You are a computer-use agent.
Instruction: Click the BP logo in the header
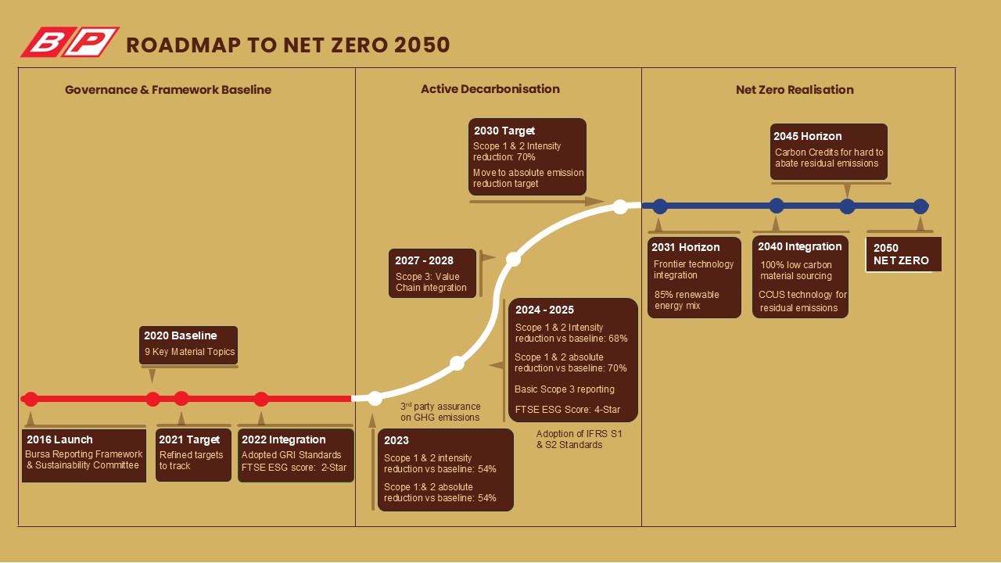[x=70, y=42]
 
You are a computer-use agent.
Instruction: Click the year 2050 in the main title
[x=422, y=45]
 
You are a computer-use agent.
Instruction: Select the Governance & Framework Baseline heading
[x=168, y=90]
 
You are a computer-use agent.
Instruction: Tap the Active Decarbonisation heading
[x=490, y=89]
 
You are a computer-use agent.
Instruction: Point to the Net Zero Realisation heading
[x=795, y=90]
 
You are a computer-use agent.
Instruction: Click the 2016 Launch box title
[x=59, y=439]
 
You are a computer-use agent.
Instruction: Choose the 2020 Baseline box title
[x=180, y=335]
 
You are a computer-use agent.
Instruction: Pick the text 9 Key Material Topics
[x=189, y=352]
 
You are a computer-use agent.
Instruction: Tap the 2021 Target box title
[x=189, y=439]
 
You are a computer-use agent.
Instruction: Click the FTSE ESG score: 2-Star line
[x=294, y=468]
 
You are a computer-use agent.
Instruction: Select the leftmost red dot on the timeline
[x=30, y=399]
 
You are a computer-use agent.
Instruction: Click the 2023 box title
[x=396, y=440]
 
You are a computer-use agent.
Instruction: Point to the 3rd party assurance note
[x=440, y=411]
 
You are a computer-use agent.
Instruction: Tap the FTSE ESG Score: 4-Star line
[x=568, y=409]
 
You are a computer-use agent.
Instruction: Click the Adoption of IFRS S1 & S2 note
[x=579, y=439]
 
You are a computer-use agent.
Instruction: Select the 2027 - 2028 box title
[x=424, y=260]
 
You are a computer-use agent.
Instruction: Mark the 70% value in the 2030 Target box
[x=526, y=157]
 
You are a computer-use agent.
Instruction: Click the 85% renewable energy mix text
[x=687, y=300]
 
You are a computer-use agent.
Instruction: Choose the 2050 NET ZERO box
[x=903, y=254]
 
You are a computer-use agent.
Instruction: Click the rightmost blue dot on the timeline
[x=920, y=206]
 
